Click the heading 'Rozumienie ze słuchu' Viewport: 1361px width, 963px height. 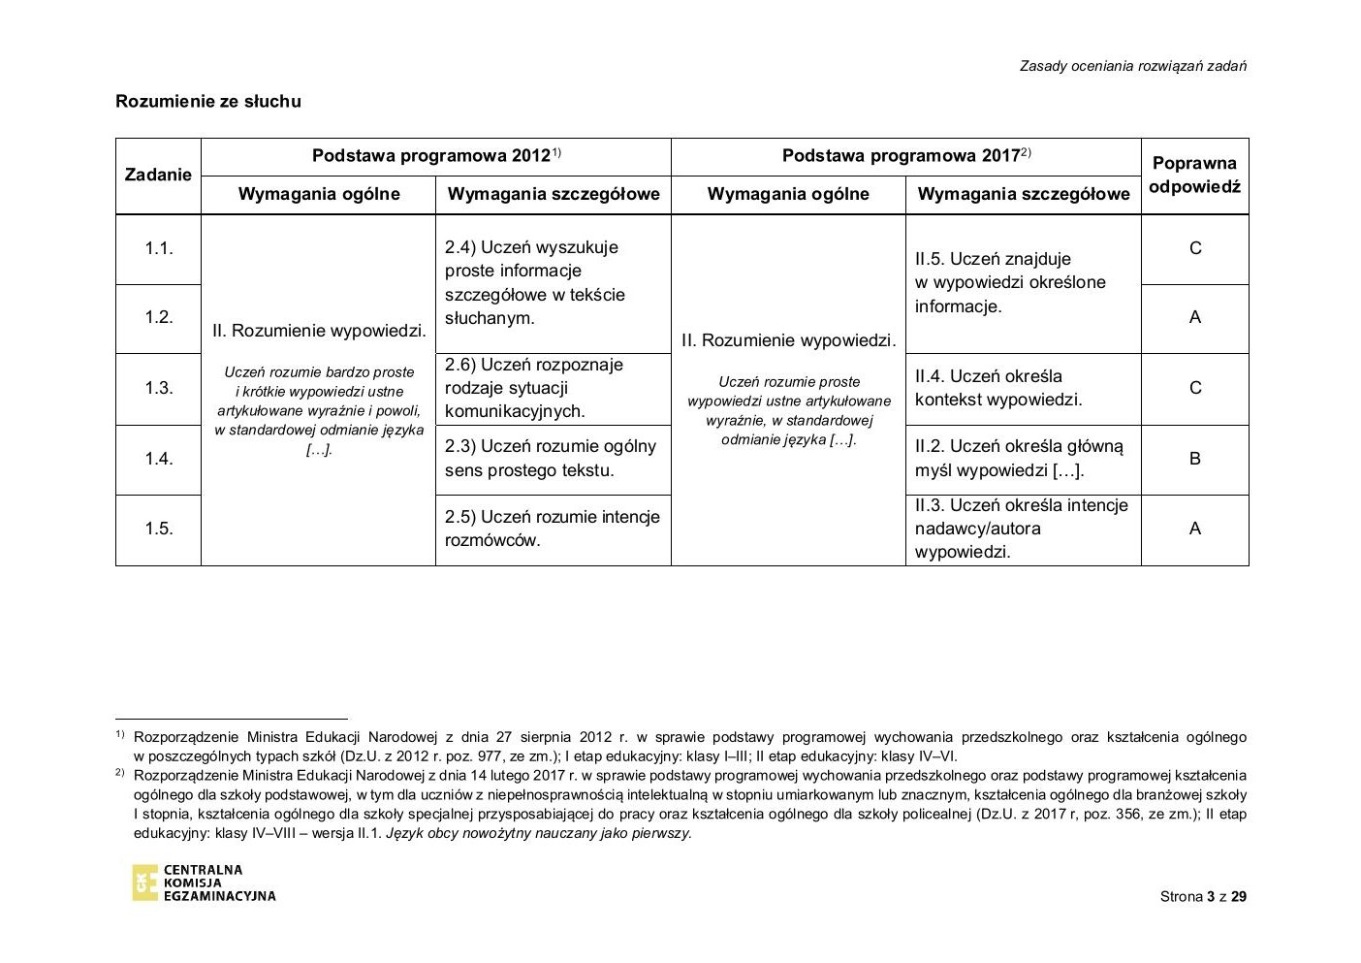click(207, 101)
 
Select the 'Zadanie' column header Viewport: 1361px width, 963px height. click(158, 175)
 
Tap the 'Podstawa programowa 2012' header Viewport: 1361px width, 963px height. click(435, 155)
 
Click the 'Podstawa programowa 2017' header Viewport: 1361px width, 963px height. click(905, 155)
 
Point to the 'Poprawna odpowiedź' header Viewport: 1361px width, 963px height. click(1194, 175)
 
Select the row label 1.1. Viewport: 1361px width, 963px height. click(159, 248)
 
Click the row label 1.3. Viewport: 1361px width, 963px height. click(159, 388)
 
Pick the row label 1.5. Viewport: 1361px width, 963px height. click(159, 529)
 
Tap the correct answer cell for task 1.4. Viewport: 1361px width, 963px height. click(1194, 459)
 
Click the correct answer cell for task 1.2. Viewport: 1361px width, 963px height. click(1194, 317)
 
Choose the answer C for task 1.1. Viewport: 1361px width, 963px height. click(1194, 248)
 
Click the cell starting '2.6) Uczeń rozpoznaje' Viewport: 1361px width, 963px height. click(553, 388)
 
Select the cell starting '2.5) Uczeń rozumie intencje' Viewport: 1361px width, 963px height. click(553, 529)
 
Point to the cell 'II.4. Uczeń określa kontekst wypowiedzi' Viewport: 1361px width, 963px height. click(1023, 388)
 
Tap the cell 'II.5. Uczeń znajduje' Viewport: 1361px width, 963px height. click(1023, 282)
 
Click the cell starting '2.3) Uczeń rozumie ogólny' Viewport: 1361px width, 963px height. click(553, 459)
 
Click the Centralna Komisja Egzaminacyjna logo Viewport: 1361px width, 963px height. click(204, 883)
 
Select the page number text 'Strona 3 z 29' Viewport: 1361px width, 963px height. click(1203, 896)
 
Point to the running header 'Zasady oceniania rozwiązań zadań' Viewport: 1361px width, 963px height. click(1132, 66)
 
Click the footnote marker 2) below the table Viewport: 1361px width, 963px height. click(120, 774)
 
